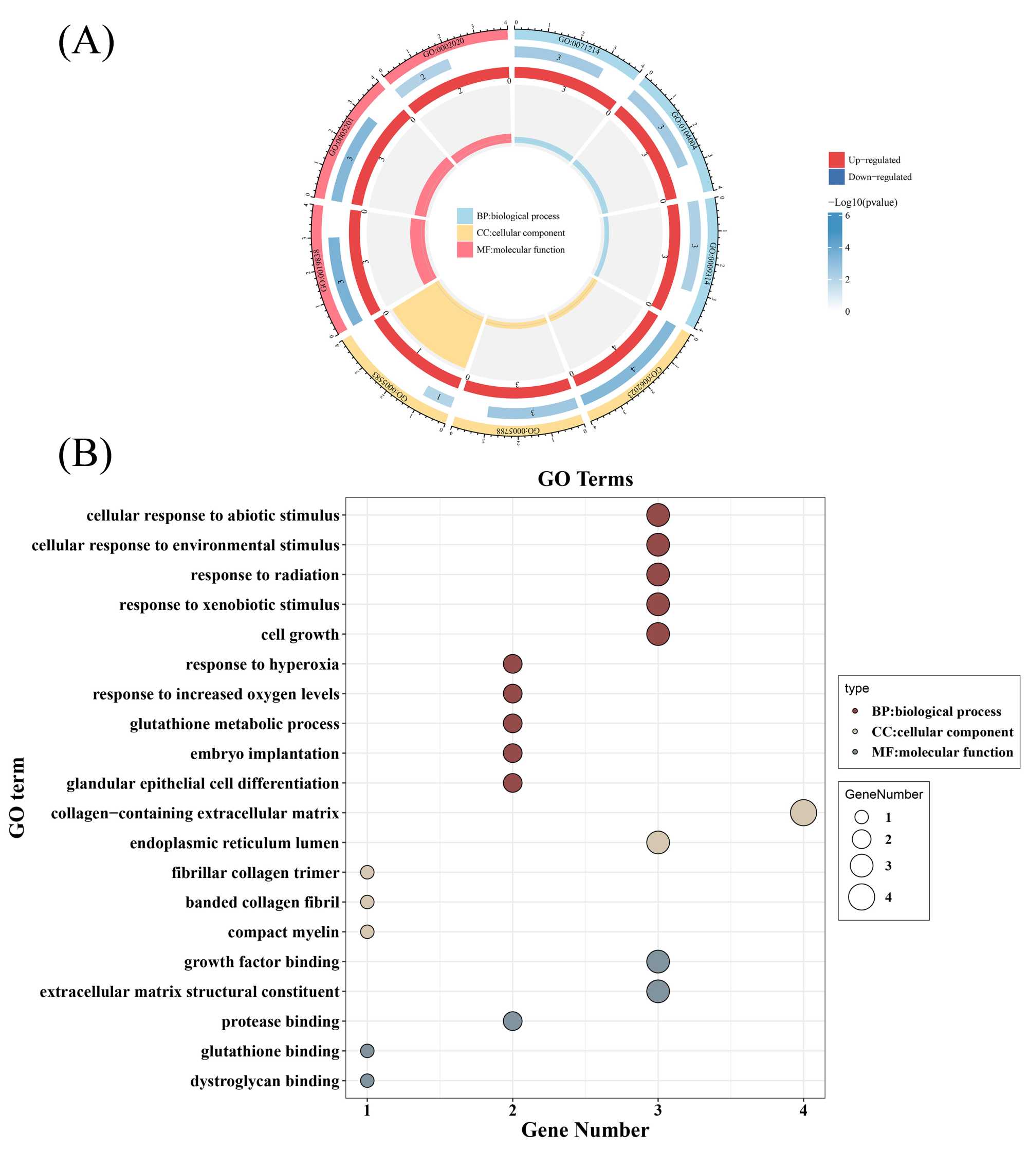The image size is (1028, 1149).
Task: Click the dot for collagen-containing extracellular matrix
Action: click(803, 813)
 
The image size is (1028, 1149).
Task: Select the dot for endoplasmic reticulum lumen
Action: click(657, 842)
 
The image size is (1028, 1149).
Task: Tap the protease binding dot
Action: click(512, 1021)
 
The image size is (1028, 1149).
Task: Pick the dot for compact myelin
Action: click(367, 931)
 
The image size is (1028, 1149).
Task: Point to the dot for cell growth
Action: click(657, 634)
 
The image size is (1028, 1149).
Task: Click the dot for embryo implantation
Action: click(512, 753)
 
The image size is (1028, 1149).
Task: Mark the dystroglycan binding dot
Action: click(367, 1080)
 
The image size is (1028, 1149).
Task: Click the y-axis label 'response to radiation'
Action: click(264, 575)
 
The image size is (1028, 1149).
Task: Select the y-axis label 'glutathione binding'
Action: click(270, 1051)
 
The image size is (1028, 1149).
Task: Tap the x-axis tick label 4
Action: click(803, 1110)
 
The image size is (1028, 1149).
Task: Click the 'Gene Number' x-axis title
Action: click(584, 1130)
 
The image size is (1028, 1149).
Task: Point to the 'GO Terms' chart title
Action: click(584, 479)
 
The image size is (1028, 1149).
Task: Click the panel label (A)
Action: click(86, 41)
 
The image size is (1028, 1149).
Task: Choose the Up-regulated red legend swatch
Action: click(836, 160)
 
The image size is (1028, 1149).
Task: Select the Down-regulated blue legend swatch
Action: click(836, 177)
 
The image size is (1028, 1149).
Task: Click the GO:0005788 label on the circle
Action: click(518, 430)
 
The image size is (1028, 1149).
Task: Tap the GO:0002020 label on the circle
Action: click(444, 47)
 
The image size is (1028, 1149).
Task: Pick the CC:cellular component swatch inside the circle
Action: click(464, 233)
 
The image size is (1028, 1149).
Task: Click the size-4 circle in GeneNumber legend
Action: click(861, 896)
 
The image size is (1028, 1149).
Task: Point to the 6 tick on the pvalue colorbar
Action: click(847, 216)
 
